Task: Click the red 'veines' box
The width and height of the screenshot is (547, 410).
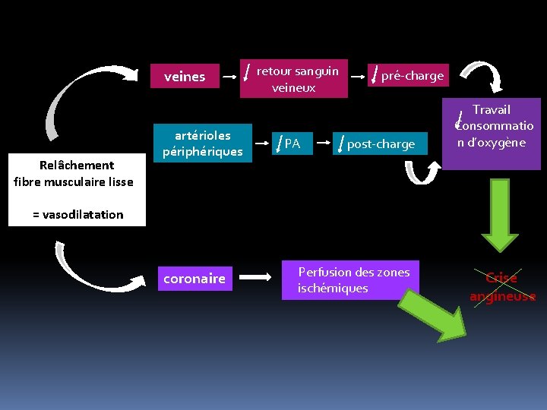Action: (x=185, y=77)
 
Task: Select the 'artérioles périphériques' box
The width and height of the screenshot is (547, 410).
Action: (x=202, y=143)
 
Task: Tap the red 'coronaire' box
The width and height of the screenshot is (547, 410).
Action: (x=194, y=279)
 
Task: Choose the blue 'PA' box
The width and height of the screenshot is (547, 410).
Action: (x=292, y=143)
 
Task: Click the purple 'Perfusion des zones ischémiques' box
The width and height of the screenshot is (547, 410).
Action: (x=353, y=280)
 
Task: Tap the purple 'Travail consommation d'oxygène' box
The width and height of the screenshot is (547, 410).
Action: (x=492, y=126)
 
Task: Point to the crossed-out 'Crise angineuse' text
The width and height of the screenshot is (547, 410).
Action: (x=501, y=287)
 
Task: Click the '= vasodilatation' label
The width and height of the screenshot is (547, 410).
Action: (x=77, y=214)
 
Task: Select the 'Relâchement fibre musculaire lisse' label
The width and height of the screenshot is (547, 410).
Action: (x=74, y=173)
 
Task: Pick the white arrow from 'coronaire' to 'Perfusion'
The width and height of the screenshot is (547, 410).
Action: (x=257, y=279)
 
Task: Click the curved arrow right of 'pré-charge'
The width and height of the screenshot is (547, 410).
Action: (x=482, y=74)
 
